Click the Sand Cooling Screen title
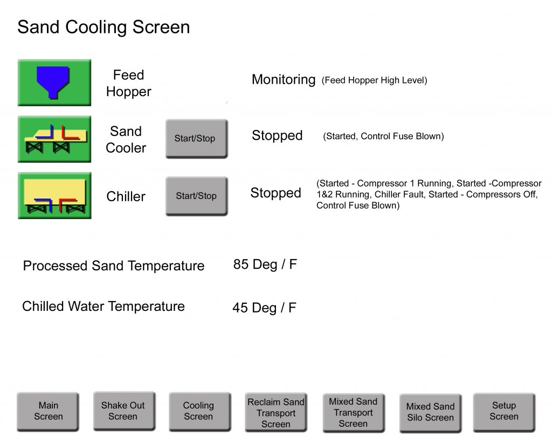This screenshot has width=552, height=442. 103,27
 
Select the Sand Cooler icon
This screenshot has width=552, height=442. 54,139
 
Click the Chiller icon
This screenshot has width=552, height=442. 54,195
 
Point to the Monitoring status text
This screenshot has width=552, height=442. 284,80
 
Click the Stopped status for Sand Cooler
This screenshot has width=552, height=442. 277,135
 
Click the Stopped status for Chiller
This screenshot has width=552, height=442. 275,193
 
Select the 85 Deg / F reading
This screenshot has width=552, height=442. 265,264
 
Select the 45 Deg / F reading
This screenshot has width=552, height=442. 264,308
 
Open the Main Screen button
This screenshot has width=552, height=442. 48,411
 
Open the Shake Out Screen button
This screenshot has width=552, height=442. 124,411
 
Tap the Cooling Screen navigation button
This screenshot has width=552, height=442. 199,412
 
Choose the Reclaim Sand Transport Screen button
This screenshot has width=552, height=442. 276,412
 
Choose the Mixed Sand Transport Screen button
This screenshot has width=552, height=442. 354,413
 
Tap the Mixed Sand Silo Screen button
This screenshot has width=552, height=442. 430,413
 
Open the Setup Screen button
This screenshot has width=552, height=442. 504,412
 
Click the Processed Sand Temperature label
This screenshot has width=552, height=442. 114,266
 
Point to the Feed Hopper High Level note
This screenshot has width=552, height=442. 374,80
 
